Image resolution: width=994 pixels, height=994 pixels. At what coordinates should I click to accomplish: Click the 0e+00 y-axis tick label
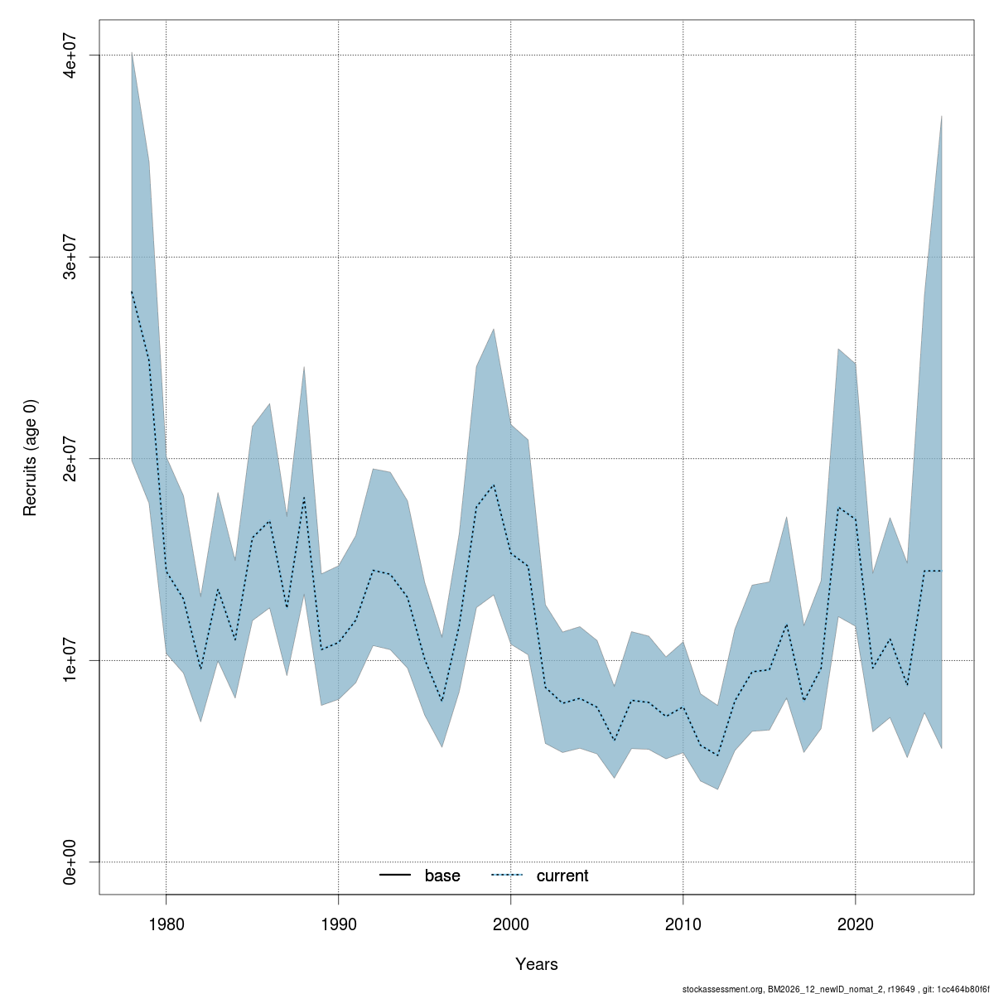coord(71,862)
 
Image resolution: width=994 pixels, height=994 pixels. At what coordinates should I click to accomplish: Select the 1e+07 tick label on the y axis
coord(71,660)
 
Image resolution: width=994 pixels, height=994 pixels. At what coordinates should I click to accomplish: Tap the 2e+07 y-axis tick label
coord(71,458)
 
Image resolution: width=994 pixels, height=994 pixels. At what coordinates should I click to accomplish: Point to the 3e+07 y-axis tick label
coord(71,257)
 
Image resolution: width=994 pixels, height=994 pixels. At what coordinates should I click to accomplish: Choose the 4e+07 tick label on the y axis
coord(71,55)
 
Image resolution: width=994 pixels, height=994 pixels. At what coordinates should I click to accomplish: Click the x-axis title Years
coord(537,964)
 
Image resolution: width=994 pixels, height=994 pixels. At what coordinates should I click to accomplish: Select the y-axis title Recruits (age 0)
coord(31,458)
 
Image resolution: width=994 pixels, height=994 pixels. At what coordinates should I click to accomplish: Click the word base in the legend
coord(442,876)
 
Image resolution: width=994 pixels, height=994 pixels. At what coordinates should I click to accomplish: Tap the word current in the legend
coord(562,876)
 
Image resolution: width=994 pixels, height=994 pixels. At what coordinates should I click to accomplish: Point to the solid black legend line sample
coord(396,876)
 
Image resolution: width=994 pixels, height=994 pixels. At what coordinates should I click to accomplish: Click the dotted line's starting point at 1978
coord(132,292)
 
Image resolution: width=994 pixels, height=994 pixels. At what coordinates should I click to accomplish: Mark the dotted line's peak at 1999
coord(494,485)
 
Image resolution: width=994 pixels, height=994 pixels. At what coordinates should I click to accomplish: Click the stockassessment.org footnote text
coord(836,988)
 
